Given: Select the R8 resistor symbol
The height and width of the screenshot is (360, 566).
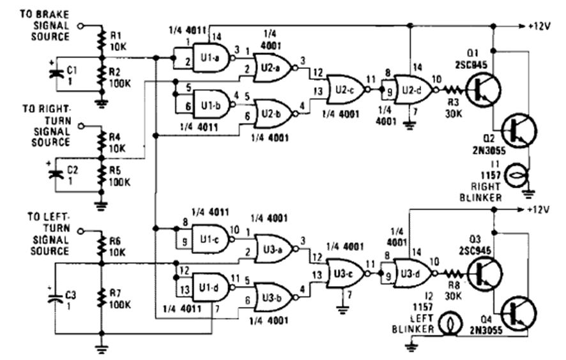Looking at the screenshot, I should (451, 272).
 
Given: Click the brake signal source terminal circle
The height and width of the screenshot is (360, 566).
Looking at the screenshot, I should (80, 26).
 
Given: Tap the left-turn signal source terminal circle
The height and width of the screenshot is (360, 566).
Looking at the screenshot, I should (80, 230).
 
